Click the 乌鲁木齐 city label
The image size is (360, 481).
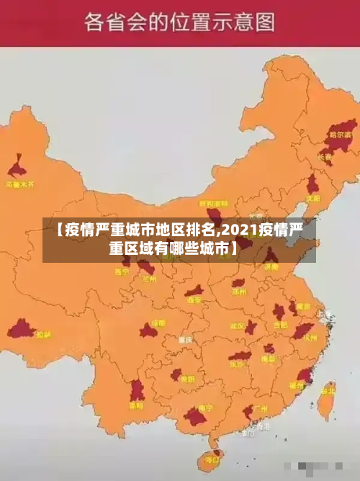coord(20,184)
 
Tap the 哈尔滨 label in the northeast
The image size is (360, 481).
coord(340,134)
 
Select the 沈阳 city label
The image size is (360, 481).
coord(312,197)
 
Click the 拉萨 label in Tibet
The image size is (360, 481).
coord(43,334)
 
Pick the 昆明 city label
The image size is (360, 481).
coord(136,405)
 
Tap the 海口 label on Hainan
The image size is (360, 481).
coord(212,458)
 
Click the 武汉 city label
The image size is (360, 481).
coord(238,325)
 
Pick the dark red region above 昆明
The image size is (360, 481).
coord(137,390)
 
